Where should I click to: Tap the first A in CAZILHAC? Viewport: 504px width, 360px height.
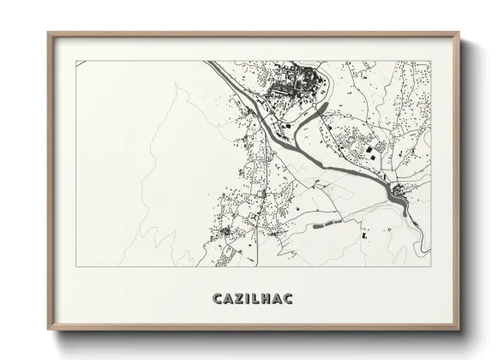227,298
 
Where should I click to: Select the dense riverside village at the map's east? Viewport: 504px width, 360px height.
399,194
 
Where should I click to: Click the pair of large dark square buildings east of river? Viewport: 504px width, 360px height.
375,151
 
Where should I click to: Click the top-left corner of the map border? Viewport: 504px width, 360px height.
76,61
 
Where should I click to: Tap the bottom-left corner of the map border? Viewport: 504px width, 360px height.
76,267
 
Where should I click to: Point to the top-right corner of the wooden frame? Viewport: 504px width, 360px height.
459,33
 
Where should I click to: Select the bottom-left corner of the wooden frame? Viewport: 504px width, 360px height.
48,328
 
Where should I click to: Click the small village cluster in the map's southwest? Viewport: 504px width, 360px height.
225,232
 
